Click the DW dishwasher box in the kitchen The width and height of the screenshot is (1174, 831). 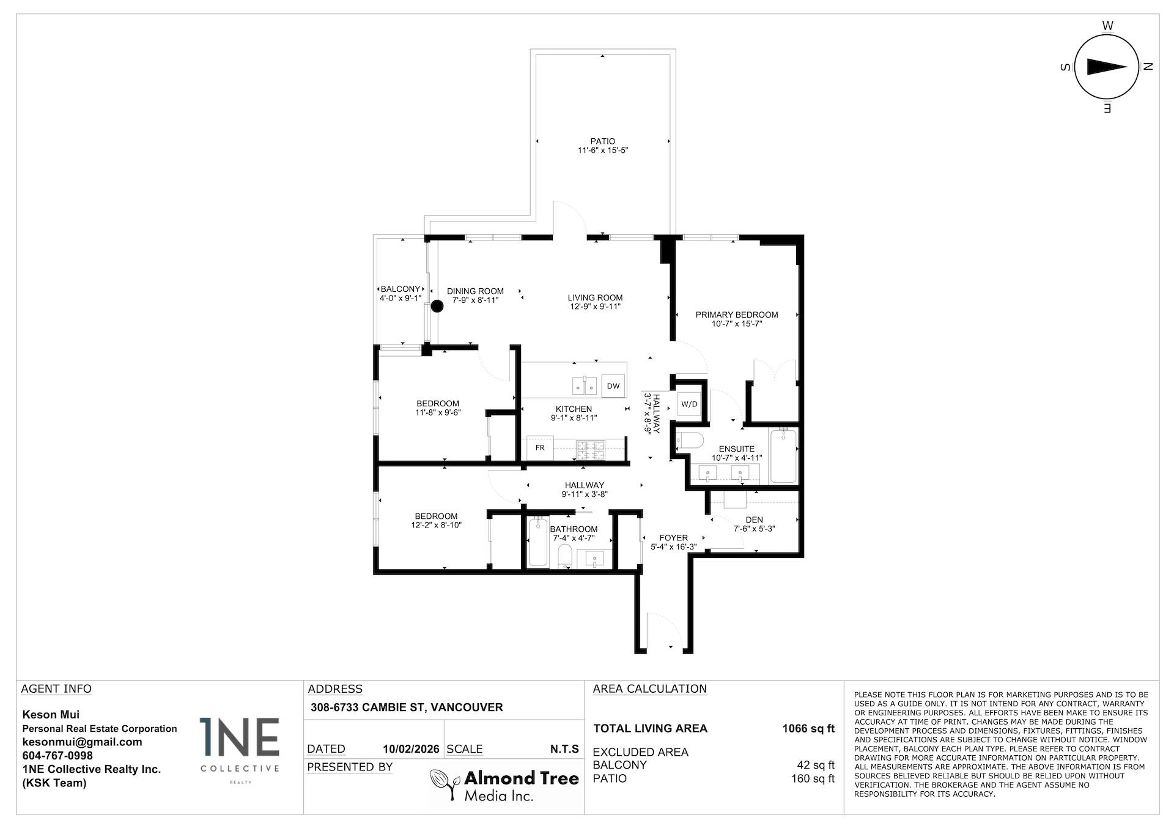[613, 386]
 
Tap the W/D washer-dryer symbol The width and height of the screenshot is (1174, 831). [689, 404]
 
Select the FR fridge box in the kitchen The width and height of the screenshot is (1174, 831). [540, 448]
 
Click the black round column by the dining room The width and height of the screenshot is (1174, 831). [437, 307]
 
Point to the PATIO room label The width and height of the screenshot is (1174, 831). [602, 141]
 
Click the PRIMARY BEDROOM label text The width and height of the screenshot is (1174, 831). [736, 315]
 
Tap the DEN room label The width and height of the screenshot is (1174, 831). [754, 520]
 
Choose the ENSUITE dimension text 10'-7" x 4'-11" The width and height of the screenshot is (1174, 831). [736, 458]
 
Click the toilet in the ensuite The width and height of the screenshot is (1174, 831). [690, 441]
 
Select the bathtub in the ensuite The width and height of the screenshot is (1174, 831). [783, 455]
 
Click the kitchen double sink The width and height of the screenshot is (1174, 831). [585, 386]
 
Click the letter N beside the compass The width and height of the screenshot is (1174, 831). [1147, 67]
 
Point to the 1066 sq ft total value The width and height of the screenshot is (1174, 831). [808, 728]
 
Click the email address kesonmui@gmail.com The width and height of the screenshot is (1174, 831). [82, 742]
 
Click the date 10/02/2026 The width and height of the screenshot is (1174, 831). [411, 749]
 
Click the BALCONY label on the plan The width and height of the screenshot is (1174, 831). [400, 289]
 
